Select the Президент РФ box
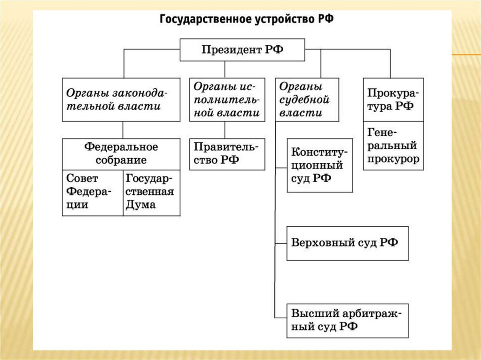pos(242,50)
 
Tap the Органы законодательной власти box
pos(121,100)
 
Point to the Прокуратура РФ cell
pos(393,100)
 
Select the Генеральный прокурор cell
pos(393,146)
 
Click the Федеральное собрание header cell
pos(121,153)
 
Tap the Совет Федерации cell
pos(93,192)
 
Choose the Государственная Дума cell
pos(151,192)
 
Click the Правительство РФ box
pos(227,153)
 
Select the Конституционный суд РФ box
pos(319,165)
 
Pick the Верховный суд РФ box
pos(347,243)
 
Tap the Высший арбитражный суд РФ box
pos(347,320)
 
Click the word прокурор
pos(394,159)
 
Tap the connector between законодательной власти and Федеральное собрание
pos(123,130)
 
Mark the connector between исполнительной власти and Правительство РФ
pos(225,130)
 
